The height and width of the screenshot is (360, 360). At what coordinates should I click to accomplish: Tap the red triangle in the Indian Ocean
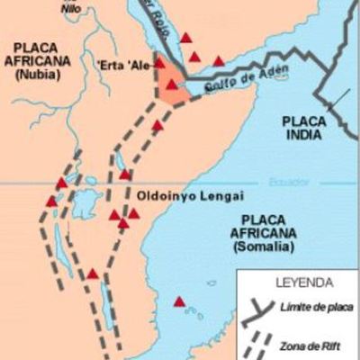180,301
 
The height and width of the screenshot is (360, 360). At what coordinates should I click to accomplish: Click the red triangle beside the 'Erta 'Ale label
161,63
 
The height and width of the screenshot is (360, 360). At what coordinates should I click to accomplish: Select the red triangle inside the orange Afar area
170,84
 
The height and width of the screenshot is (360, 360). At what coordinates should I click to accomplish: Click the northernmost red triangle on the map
186,38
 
